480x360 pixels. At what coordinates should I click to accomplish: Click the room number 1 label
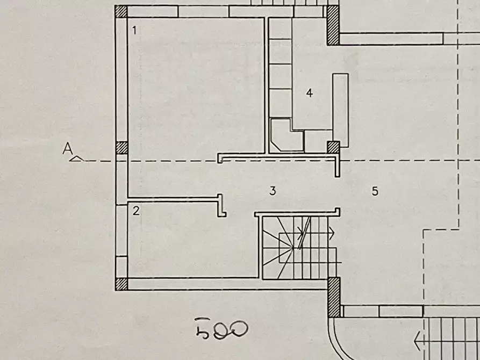134,30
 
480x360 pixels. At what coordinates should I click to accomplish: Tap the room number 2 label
136,211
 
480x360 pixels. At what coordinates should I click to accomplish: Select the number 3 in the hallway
273,191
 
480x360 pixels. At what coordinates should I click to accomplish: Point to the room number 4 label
310,93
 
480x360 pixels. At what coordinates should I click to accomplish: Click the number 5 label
375,191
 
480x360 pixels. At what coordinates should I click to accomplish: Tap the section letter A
68,149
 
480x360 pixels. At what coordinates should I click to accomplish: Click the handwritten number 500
221,329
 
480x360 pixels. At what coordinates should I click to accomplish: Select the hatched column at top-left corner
121,11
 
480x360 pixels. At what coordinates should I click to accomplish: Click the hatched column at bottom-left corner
121,284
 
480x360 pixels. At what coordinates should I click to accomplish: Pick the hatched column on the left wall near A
121,148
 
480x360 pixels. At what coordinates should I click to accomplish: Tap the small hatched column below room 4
333,147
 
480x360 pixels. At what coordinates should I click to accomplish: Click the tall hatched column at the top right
333,25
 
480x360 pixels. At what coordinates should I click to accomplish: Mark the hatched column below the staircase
334,297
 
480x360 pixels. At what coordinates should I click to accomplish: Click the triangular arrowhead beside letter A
76,159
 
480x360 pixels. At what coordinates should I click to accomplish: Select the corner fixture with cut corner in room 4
286,135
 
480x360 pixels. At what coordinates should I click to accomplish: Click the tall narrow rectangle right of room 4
340,111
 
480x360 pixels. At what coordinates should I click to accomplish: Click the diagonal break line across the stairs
305,233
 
